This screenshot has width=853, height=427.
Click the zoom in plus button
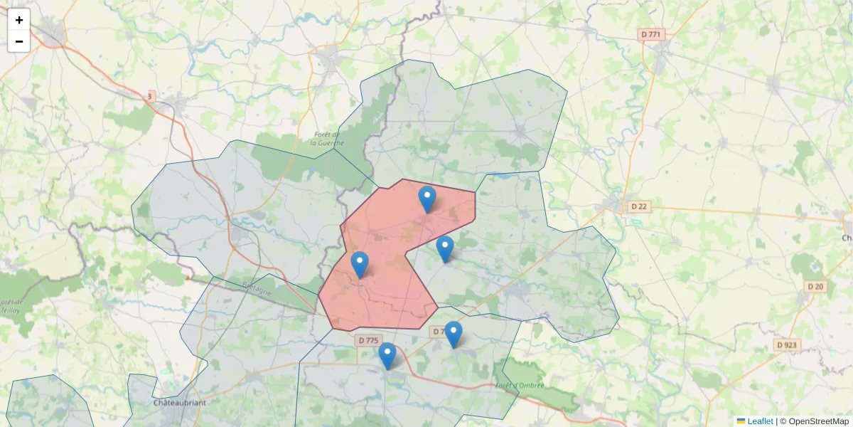click(19, 20)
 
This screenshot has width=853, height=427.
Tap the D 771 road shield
click(650, 34)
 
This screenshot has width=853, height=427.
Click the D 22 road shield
click(639, 206)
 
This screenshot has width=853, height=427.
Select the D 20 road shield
click(815, 286)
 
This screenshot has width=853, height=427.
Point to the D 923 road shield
click(787, 344)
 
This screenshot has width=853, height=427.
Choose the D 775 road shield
click(368, 341)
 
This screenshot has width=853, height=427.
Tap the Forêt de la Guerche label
click(328, 138)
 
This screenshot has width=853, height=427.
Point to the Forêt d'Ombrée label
click(520, 385)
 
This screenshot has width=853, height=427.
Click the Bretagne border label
click(257, 290)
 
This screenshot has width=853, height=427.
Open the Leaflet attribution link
click(759, 421)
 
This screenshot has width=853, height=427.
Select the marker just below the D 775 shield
click(387, 356)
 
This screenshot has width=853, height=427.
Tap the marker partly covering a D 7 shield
click(453, 334)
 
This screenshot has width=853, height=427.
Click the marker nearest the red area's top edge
click(426, 199)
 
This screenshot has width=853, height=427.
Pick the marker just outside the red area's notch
click(444, 249)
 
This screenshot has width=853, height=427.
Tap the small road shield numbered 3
click(150, 95)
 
